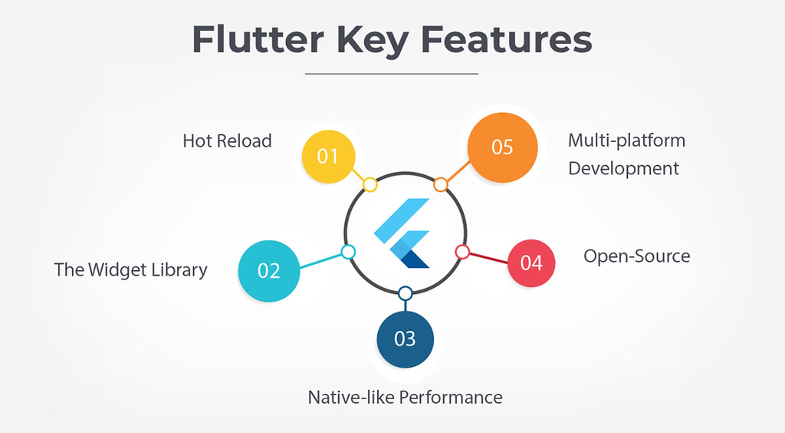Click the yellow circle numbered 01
tap(328, 156)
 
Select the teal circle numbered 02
tap(268, 270)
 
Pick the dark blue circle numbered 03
tap(405, 338)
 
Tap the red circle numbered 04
tap(531, 263)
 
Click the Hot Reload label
tap(227, 141)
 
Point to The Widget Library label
tap(130, 270)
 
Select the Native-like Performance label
tap(405, 397)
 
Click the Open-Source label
tap(636, 256)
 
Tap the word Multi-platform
tap(626, 140)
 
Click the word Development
tap(623, 168)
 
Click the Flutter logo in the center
tap(403, 233)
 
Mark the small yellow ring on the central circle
tap(370, 184)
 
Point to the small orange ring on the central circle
tap(440, 184)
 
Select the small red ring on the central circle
tap(462, 251)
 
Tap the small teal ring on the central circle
tap(348, 252)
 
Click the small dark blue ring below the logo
tap(405, 293)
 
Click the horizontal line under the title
tap(392, 74)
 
